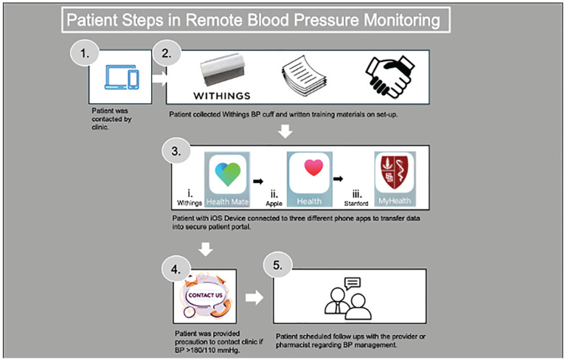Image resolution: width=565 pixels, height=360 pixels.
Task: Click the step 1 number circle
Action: (x=85, y=53)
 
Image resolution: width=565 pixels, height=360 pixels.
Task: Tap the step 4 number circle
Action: (x=176, y=269)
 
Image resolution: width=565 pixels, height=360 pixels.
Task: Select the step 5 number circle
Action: (x=277, y=265)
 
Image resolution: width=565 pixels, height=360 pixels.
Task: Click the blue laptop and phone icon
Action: (x=122, y=77)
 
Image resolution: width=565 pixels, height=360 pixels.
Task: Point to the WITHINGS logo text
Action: (x=221, y=96)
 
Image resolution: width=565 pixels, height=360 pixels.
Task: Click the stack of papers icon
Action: (x=304, y=76)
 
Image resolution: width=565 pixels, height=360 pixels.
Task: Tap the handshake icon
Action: (x=390, y=77)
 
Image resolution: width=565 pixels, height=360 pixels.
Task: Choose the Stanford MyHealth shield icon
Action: (x=395, y=172)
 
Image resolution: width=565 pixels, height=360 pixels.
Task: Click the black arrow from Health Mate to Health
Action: (x=258, y=181)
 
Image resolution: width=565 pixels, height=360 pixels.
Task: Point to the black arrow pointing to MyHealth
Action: (x=338, y=179)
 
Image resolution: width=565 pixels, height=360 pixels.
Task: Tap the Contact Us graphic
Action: (x=205, y=296)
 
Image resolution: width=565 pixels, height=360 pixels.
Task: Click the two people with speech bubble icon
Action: (x=348, y=299)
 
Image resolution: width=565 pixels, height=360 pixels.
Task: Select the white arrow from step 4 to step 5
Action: (x=254, y=297)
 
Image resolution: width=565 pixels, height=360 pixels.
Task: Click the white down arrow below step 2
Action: (x=285, y=131)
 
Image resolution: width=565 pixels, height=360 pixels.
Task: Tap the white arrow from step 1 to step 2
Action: (x=159, y=78)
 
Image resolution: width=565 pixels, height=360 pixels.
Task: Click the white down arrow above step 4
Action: (x=206, y=249)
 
